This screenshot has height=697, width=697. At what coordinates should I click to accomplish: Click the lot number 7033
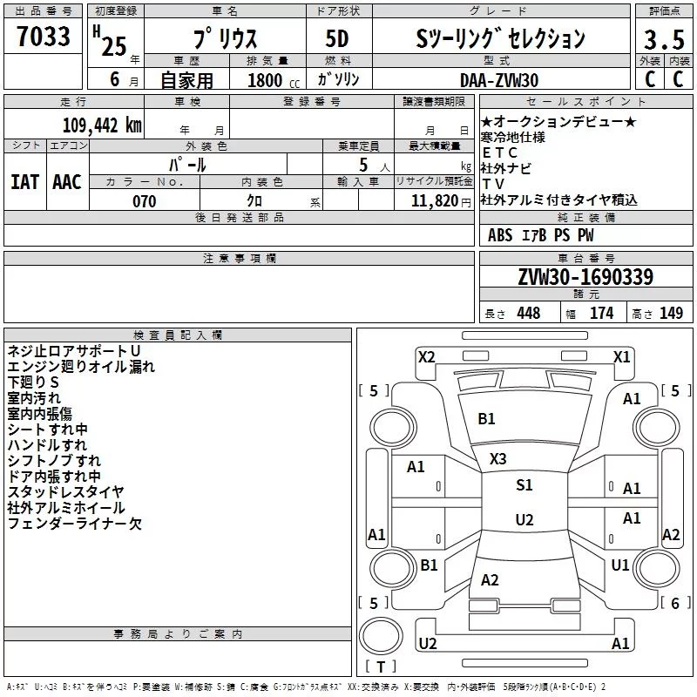pos(44,36)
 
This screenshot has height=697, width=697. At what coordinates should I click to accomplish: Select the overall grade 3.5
pos(664,39)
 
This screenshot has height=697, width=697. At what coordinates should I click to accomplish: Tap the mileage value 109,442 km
pos(102,125)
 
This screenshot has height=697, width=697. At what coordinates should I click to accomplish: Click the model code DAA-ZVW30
pos(499,80)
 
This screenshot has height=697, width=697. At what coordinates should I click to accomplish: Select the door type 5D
pos(337,39)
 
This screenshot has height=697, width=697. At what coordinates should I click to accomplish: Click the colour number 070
pos(145,201)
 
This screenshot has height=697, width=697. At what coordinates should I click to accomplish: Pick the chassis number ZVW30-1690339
pos(585,277)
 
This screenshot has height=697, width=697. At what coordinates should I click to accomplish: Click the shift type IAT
pos(25,182)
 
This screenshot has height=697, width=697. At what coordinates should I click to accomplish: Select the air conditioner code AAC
pos(67,182)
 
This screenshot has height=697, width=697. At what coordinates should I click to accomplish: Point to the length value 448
pos(529,313)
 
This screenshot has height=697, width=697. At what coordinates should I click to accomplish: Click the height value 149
pos(671,313)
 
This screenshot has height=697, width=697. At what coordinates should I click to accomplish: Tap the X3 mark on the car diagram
pos(497,459)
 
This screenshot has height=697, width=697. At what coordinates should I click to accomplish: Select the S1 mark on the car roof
pos(524,485)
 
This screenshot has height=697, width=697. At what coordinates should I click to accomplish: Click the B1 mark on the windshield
pos(486,419)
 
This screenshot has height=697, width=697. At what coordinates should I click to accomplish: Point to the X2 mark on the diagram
pos(426,357)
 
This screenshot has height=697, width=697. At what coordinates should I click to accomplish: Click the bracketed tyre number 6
pos(675,603)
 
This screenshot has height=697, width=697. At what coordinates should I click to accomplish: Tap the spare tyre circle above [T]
pos(381,636)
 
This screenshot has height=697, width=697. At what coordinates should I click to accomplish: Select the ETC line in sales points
pos(499,153)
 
